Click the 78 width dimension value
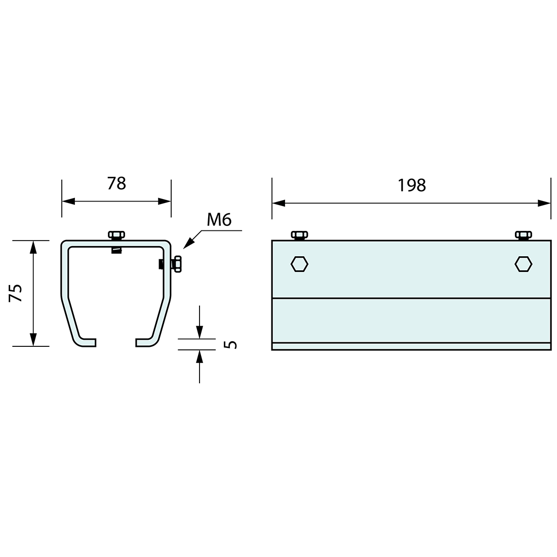click(116, 184)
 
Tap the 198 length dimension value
click(411, 185)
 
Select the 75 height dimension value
click(16, 293)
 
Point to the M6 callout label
click(219, 220)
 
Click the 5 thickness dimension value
click(231, 344)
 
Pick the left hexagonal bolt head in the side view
click(299, 264)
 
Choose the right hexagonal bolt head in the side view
click(523, 264)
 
